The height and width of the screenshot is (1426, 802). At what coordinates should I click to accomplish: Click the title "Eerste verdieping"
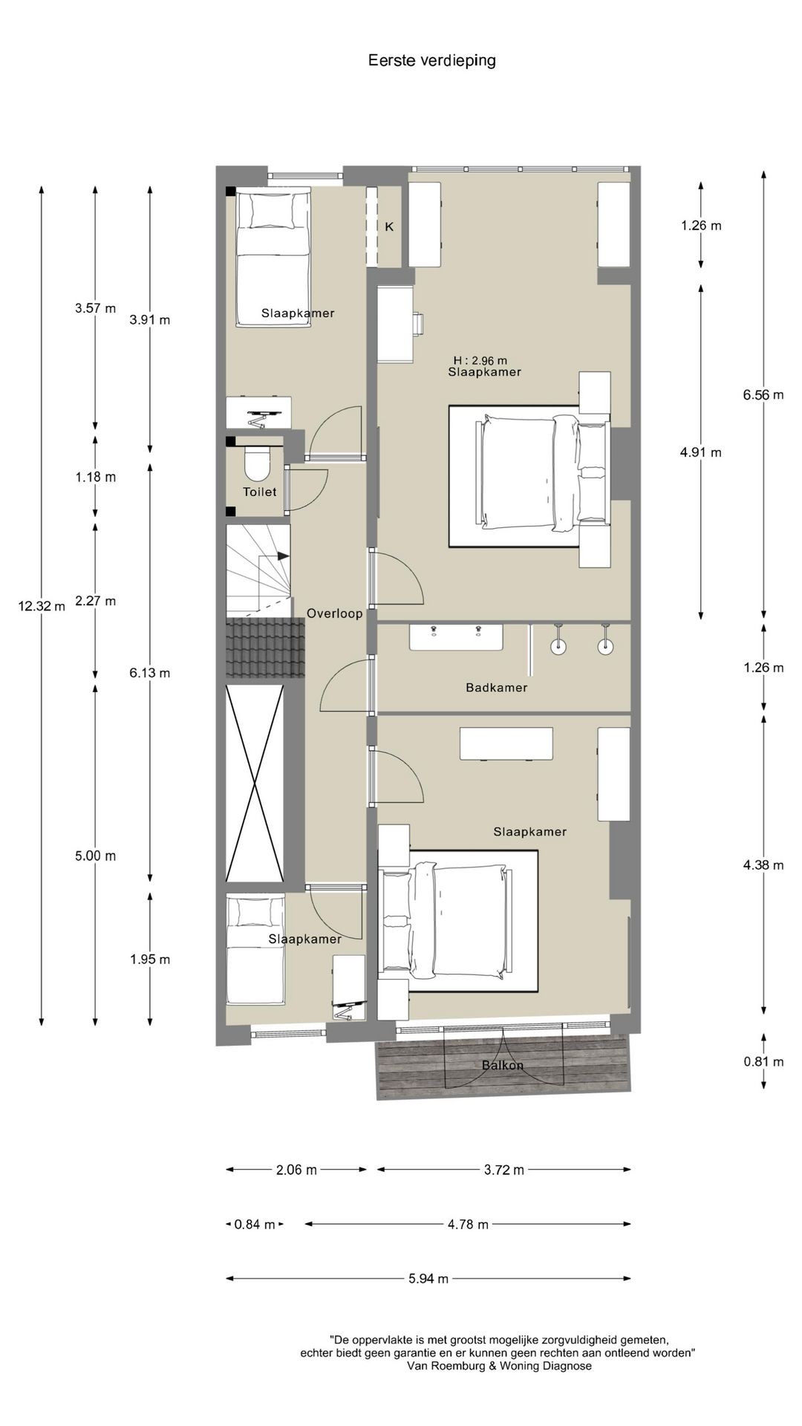tap(431, 61)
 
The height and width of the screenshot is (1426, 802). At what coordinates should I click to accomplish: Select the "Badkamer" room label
tap(497, 688)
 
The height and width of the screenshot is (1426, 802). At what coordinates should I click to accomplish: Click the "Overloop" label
tap(335, 613)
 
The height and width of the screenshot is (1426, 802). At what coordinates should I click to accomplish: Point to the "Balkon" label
tap(503, 1065)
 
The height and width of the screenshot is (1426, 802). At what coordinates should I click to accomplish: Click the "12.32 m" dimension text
tap(42, 606)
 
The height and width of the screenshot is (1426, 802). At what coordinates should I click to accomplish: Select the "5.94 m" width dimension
tap(428, 1278)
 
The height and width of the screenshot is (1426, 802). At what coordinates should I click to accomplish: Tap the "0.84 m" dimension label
tap(255, 1224)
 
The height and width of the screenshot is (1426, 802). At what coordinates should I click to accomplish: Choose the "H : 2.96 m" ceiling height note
tap(480, 361)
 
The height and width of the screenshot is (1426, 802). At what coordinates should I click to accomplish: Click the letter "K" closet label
tap(389, 227)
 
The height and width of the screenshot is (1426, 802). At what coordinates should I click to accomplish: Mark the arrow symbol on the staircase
tap(273, 556)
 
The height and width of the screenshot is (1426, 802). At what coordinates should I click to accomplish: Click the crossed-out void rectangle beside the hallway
tap(255, 784)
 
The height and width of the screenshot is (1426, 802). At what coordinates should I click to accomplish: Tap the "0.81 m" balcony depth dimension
tap(763, 1062)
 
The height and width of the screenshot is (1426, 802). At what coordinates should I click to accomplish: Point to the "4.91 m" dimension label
tap(701, 452)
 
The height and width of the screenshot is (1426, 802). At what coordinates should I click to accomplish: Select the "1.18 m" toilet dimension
tap(96, 477)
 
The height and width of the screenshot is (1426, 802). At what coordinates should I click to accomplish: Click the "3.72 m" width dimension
tap(504, 1170)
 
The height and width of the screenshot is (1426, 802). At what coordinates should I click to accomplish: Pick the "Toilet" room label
tap(260, 492)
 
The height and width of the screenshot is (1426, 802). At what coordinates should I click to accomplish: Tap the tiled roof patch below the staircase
tap(266, 648)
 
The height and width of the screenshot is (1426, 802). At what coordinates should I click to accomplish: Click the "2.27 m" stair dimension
tap(96, 601)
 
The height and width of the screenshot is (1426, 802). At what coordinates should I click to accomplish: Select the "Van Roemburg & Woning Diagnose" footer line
tap(500, 1366)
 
